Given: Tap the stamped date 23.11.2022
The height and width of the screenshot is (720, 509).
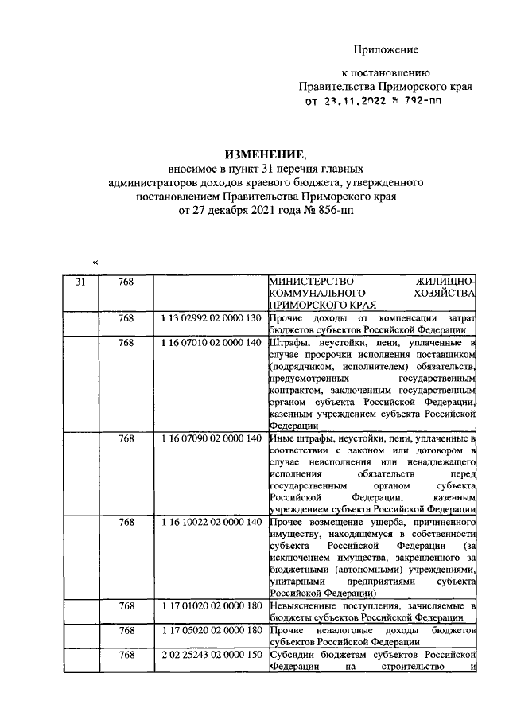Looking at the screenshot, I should [x=354, y=102].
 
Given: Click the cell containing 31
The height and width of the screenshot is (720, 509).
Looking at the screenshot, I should [x=80, y=282].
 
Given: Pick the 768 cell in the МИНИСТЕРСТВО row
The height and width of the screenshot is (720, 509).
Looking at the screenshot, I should [x=126, y=282].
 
